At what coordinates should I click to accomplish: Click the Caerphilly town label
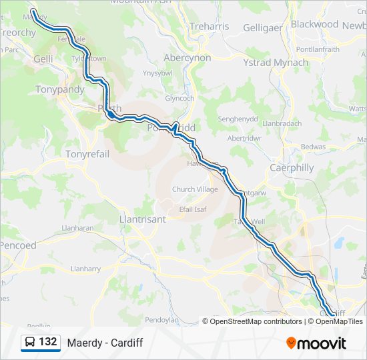292,168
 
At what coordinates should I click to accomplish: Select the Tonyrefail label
87,154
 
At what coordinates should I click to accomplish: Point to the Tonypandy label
60,89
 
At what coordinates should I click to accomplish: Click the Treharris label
210,27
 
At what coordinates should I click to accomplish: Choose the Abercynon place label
188,58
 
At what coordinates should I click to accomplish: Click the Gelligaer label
264,27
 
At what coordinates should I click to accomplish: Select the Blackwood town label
315,24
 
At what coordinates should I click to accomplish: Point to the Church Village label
195,189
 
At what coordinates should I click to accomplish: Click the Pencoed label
18,245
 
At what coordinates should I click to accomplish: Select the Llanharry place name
85,269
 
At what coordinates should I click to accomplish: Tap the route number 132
48,342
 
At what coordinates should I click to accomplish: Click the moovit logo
316,343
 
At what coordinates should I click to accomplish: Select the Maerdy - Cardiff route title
105,343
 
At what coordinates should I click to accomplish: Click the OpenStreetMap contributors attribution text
256,321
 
